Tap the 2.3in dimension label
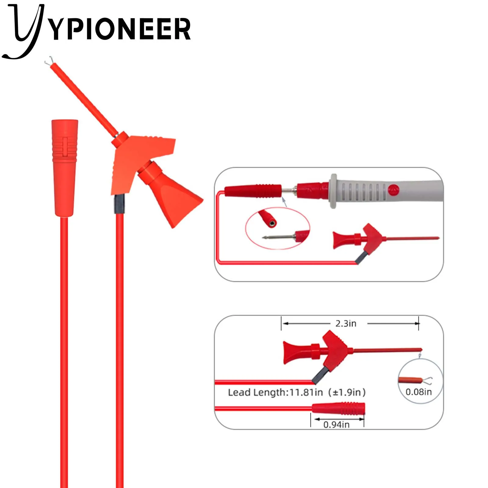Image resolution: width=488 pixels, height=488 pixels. pyautogui.click(x=346, y=323)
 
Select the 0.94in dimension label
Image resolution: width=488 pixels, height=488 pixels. pyautogui.click(x=336, y=424)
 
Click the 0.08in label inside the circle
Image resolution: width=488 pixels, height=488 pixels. pyautogui.click(x=418, y=392)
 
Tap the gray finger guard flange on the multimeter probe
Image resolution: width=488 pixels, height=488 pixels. pyautogui.click(x=333, y=191)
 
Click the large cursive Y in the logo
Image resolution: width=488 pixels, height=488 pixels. pyautogui.click(x=24, y=30)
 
